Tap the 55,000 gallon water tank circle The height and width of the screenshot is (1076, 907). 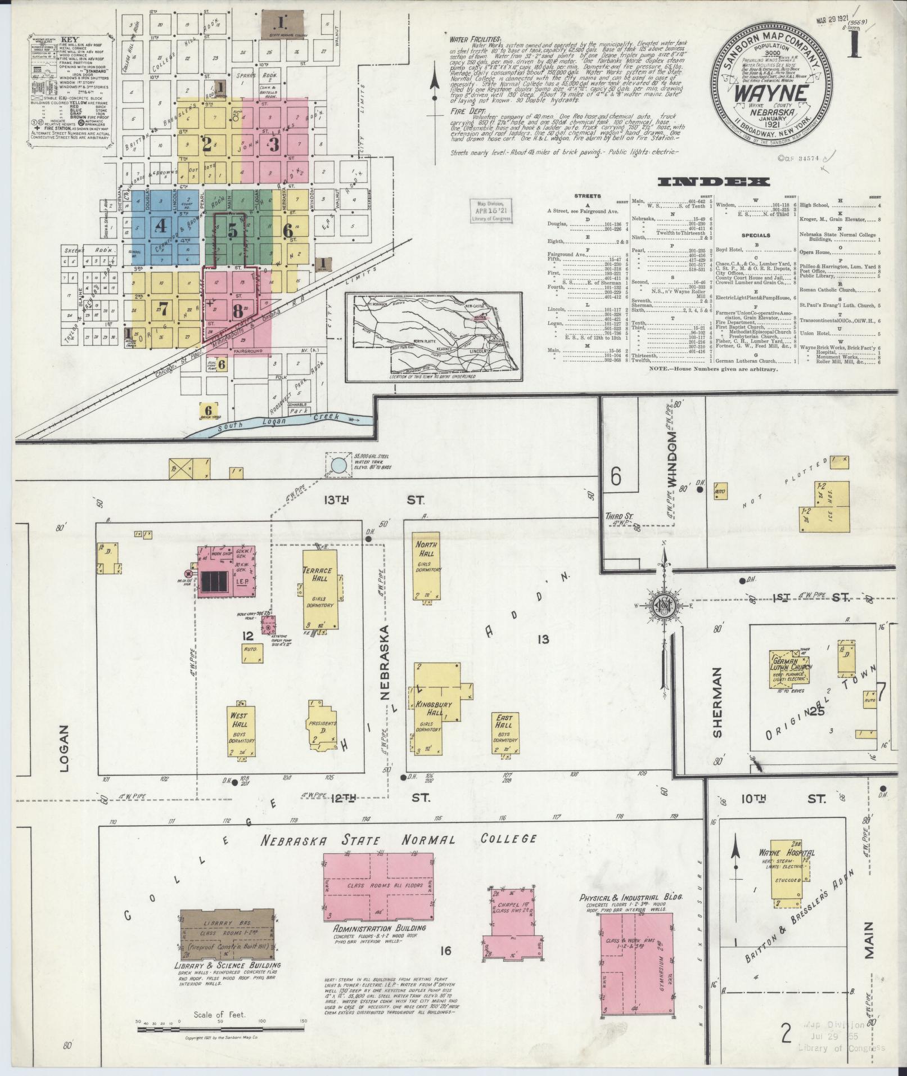click(x=339, y=465)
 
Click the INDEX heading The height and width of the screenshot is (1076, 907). click(x=713, y=181)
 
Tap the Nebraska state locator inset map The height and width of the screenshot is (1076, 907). click(x=431, y=336)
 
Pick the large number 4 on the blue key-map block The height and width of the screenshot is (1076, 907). click(x=161, y=226)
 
